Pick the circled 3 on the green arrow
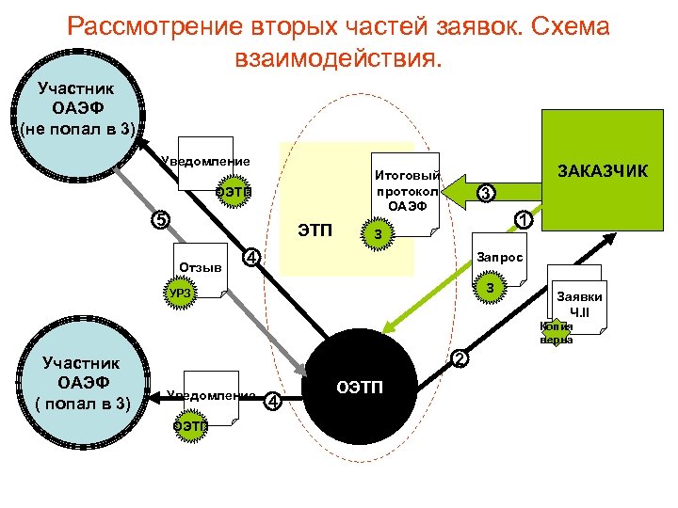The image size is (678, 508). (484, 193)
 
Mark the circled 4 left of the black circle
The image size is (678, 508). (272, 402)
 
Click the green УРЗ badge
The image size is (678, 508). (181, 294)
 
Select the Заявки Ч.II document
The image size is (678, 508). (580, 304)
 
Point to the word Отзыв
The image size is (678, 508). (200, 267)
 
